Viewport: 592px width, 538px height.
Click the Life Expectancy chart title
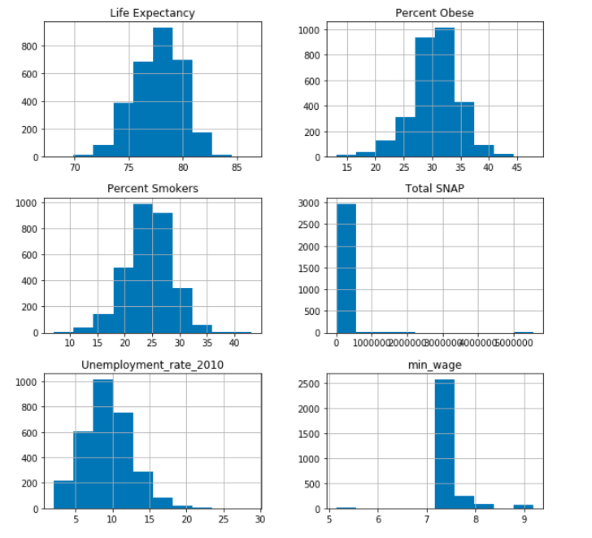click(x=153, y=13)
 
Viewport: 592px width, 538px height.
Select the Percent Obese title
click(x=435, y=13)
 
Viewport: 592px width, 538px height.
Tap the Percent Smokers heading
click(x=153, y=189)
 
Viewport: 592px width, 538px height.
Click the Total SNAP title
click(x=435, y=189)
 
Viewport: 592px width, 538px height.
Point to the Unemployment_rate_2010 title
click(x=153, y=365)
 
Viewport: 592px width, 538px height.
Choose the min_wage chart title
click(x=435, y=365)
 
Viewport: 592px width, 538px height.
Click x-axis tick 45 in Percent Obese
click(x=520, y=168)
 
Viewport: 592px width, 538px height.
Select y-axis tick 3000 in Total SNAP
click(x=316, y=203)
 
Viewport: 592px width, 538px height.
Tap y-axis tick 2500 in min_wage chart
click(x=316, y=383)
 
